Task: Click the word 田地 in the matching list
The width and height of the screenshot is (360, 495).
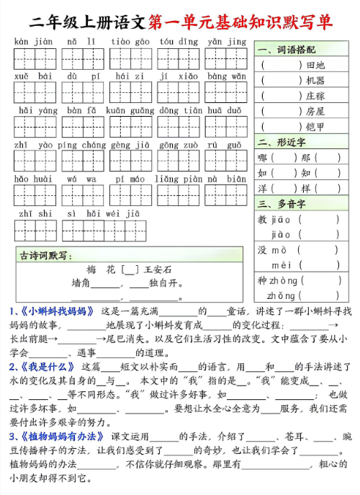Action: [315, 65]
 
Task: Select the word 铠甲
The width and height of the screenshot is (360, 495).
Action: [315, 127]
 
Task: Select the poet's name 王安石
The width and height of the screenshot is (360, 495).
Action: [158, 269]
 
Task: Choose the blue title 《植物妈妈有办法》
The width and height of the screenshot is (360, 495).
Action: [64, 437]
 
